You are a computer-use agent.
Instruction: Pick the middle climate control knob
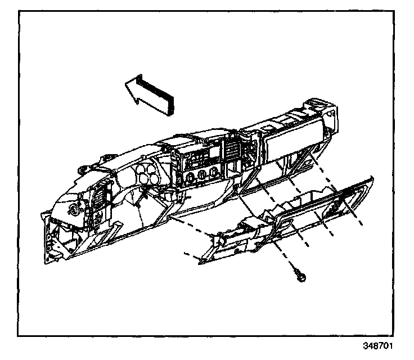(203, 175)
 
